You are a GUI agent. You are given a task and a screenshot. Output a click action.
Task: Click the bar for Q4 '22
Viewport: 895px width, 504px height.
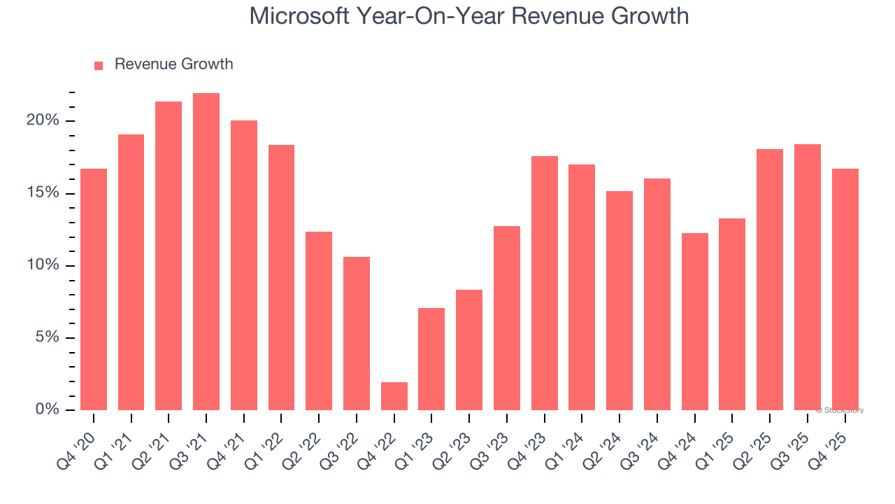pos(394,396)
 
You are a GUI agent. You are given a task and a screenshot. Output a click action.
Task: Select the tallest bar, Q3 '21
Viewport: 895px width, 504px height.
pos(206,252)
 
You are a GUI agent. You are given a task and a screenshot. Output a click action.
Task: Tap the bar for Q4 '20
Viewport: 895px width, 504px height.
pos(94,289)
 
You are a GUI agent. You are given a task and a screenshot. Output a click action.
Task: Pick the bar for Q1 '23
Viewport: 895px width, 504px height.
pos(431,359)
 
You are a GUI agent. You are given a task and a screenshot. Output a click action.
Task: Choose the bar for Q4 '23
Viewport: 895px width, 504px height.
pos(544,283)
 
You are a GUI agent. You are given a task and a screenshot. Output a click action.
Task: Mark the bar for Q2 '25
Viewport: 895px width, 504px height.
pos(770,279)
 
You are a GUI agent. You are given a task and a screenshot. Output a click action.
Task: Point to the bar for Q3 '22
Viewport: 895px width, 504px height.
pos(357,333)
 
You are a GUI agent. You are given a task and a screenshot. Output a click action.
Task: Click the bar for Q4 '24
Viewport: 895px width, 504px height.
pos(694,321)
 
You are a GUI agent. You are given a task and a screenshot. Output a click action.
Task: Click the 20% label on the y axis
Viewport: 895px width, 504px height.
pos(43,120)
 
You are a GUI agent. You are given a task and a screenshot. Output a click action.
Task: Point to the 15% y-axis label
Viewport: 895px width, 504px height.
pos(43,192)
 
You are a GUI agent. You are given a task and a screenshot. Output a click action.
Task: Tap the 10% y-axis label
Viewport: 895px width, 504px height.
pos(43,265)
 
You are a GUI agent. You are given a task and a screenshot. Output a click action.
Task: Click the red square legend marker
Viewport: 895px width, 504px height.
pos(99,65)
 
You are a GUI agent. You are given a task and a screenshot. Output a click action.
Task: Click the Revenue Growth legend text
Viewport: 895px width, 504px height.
pos(173,64)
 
